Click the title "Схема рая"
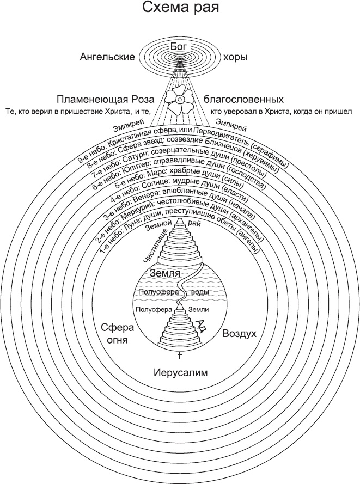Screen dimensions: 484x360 tap(180, 9)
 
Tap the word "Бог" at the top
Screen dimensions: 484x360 tap(179, 47)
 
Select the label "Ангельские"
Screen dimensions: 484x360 tap(107, 57)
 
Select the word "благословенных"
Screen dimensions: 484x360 tap(243, 100)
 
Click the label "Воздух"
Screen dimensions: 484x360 tap(240, 333)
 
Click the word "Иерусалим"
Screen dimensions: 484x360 tap(180, 373)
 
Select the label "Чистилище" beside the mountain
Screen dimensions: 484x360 tap(154, 246)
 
